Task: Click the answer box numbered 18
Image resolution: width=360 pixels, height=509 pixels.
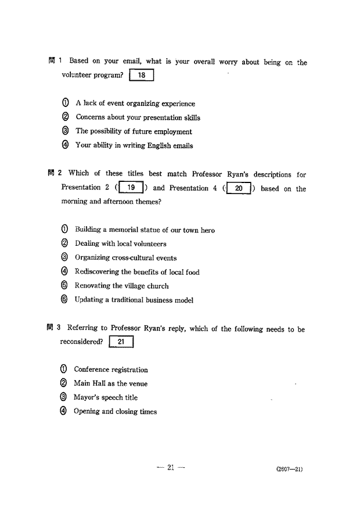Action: (x=141, y=76)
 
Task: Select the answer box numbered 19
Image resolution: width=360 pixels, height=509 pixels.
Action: (x=132, y=188)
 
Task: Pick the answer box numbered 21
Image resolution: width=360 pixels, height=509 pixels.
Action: (x=121, y=342)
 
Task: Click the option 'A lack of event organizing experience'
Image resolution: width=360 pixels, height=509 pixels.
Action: (x=135, y=103)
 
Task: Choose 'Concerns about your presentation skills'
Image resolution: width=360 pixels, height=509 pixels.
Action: (x=138, y=117)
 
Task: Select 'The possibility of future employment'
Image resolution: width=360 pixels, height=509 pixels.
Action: (x=134, y=131)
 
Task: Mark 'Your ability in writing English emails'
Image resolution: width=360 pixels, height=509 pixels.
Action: (x=134, y=146)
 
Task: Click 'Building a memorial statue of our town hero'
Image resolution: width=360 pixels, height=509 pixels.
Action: (x=145, y=230)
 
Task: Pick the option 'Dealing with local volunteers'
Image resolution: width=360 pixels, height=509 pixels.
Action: (x=120, y=244)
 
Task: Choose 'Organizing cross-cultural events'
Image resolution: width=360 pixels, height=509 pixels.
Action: (x=125, y=258)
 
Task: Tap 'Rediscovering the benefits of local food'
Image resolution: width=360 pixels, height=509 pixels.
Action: (x=137, y=272)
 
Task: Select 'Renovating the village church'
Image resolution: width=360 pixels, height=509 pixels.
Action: (x=121, y=286)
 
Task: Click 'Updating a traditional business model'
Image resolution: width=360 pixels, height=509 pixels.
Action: (x=134, y=300)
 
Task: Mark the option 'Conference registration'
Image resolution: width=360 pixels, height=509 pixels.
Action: (x=110, y=370)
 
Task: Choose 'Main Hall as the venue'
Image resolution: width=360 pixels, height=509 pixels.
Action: (x=110, y=383)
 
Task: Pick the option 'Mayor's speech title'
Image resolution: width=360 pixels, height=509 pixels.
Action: (x=105, y=397)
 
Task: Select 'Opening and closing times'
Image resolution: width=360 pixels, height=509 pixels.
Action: (x=115, y=411)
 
